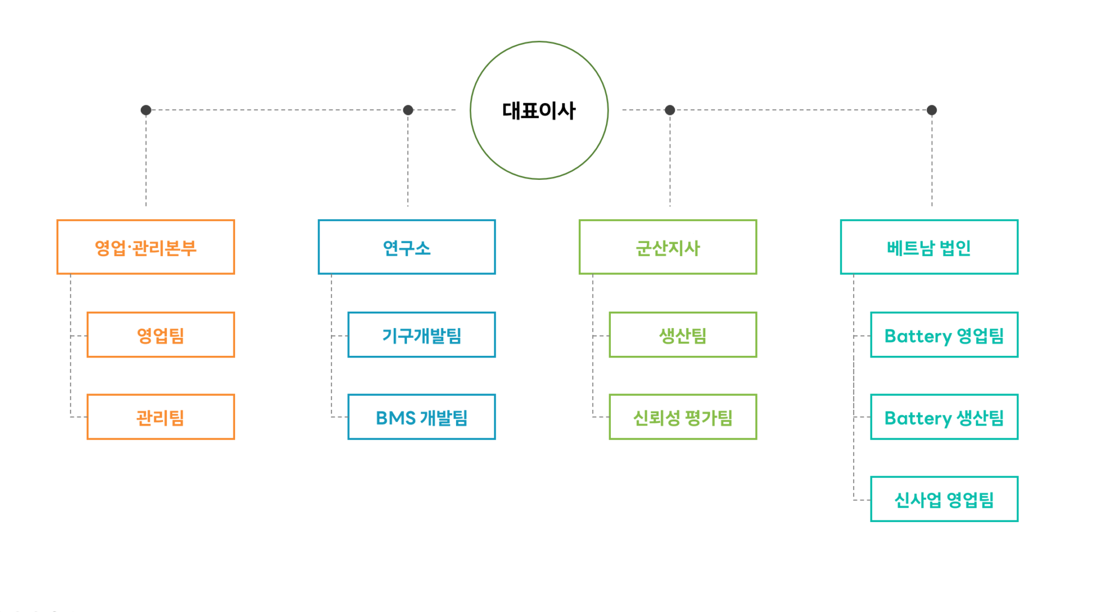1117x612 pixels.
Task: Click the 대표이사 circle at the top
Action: (x=539, y=110)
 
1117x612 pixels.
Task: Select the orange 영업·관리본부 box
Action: (x=146, y=247)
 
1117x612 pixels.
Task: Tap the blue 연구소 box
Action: (x=406, y=247)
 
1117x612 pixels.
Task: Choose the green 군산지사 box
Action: (x=668, y=247)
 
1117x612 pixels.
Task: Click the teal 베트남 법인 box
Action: (x=929, y=247)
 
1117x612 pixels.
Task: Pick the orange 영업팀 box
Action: (x=160, y=335)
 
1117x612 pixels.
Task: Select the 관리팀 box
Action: (x=160, y=417)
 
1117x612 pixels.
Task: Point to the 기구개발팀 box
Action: (x=422, y=335)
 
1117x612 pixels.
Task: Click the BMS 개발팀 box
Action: (x=422, y=417)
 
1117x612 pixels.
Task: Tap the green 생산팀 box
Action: (x=683, y=335)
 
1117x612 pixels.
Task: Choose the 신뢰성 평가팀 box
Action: (x=683, y=417)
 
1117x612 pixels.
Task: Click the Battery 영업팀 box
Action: (x=944, y=335)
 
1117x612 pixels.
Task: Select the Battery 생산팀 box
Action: (x=944, y=417)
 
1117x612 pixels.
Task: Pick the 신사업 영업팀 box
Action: (x=944, y=499)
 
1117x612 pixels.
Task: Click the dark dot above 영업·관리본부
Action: (x=146, y=110)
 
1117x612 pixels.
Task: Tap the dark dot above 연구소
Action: (x=408, y=110)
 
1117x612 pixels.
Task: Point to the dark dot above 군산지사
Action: (x=670, y=110)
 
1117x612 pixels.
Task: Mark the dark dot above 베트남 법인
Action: (x=932, y=110)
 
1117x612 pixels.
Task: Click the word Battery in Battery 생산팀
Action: (x=918, y=418)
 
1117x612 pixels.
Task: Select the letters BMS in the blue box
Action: (x=396, y=418)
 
